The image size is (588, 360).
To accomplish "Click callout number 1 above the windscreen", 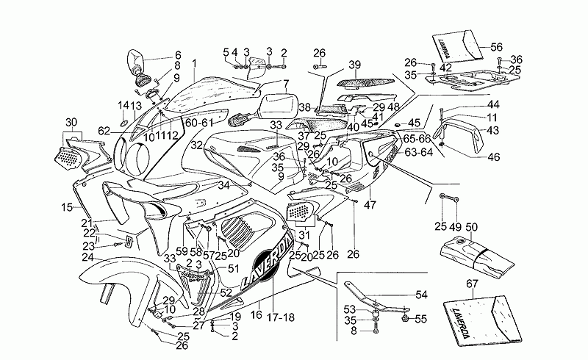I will pyautogui.click(x=194, y=63).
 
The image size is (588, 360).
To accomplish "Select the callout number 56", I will pyautogui.click(x=496, y=46).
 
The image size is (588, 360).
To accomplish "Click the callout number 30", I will pyautogui.click(x=71, y=122).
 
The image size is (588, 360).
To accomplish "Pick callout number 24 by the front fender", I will pyautogui.click(x=87, y=257).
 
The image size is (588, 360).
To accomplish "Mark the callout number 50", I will pyautogui.click(x=471, y=227).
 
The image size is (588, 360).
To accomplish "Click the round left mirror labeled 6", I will pyautogui.click(x=137, y=61).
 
